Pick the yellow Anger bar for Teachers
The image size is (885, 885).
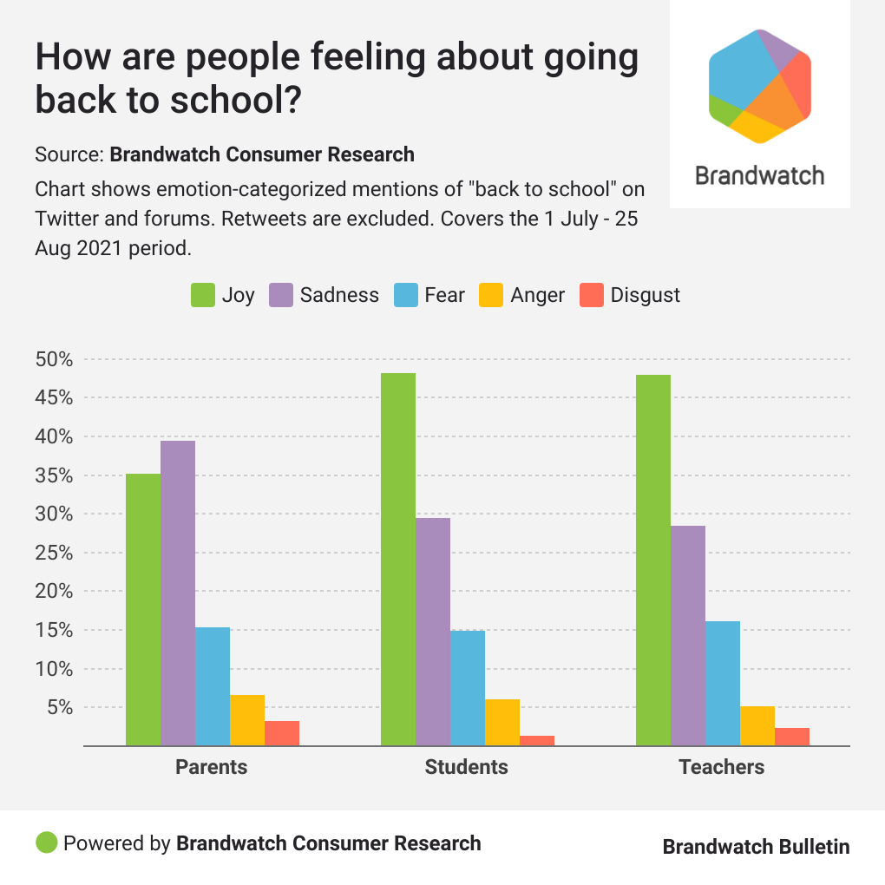coord(757,725)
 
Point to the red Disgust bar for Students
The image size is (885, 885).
coord(537,740)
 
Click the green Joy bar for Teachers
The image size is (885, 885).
coord(653,560)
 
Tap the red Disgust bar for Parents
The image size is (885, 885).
coord(282,733)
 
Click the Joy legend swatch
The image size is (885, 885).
coord(202,295)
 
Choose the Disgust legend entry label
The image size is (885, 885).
coord(646,295)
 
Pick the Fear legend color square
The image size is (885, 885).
coord(405,295)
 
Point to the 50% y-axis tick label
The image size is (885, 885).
coord(54,359)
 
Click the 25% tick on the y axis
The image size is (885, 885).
coord(54,553)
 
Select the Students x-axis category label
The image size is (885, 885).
coord(466,767)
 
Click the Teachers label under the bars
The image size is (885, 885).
coord(722,767)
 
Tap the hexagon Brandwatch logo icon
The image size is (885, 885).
coord(759,85)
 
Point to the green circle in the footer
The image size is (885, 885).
coord(47,842)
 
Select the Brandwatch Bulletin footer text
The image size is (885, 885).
coord(756,846)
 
